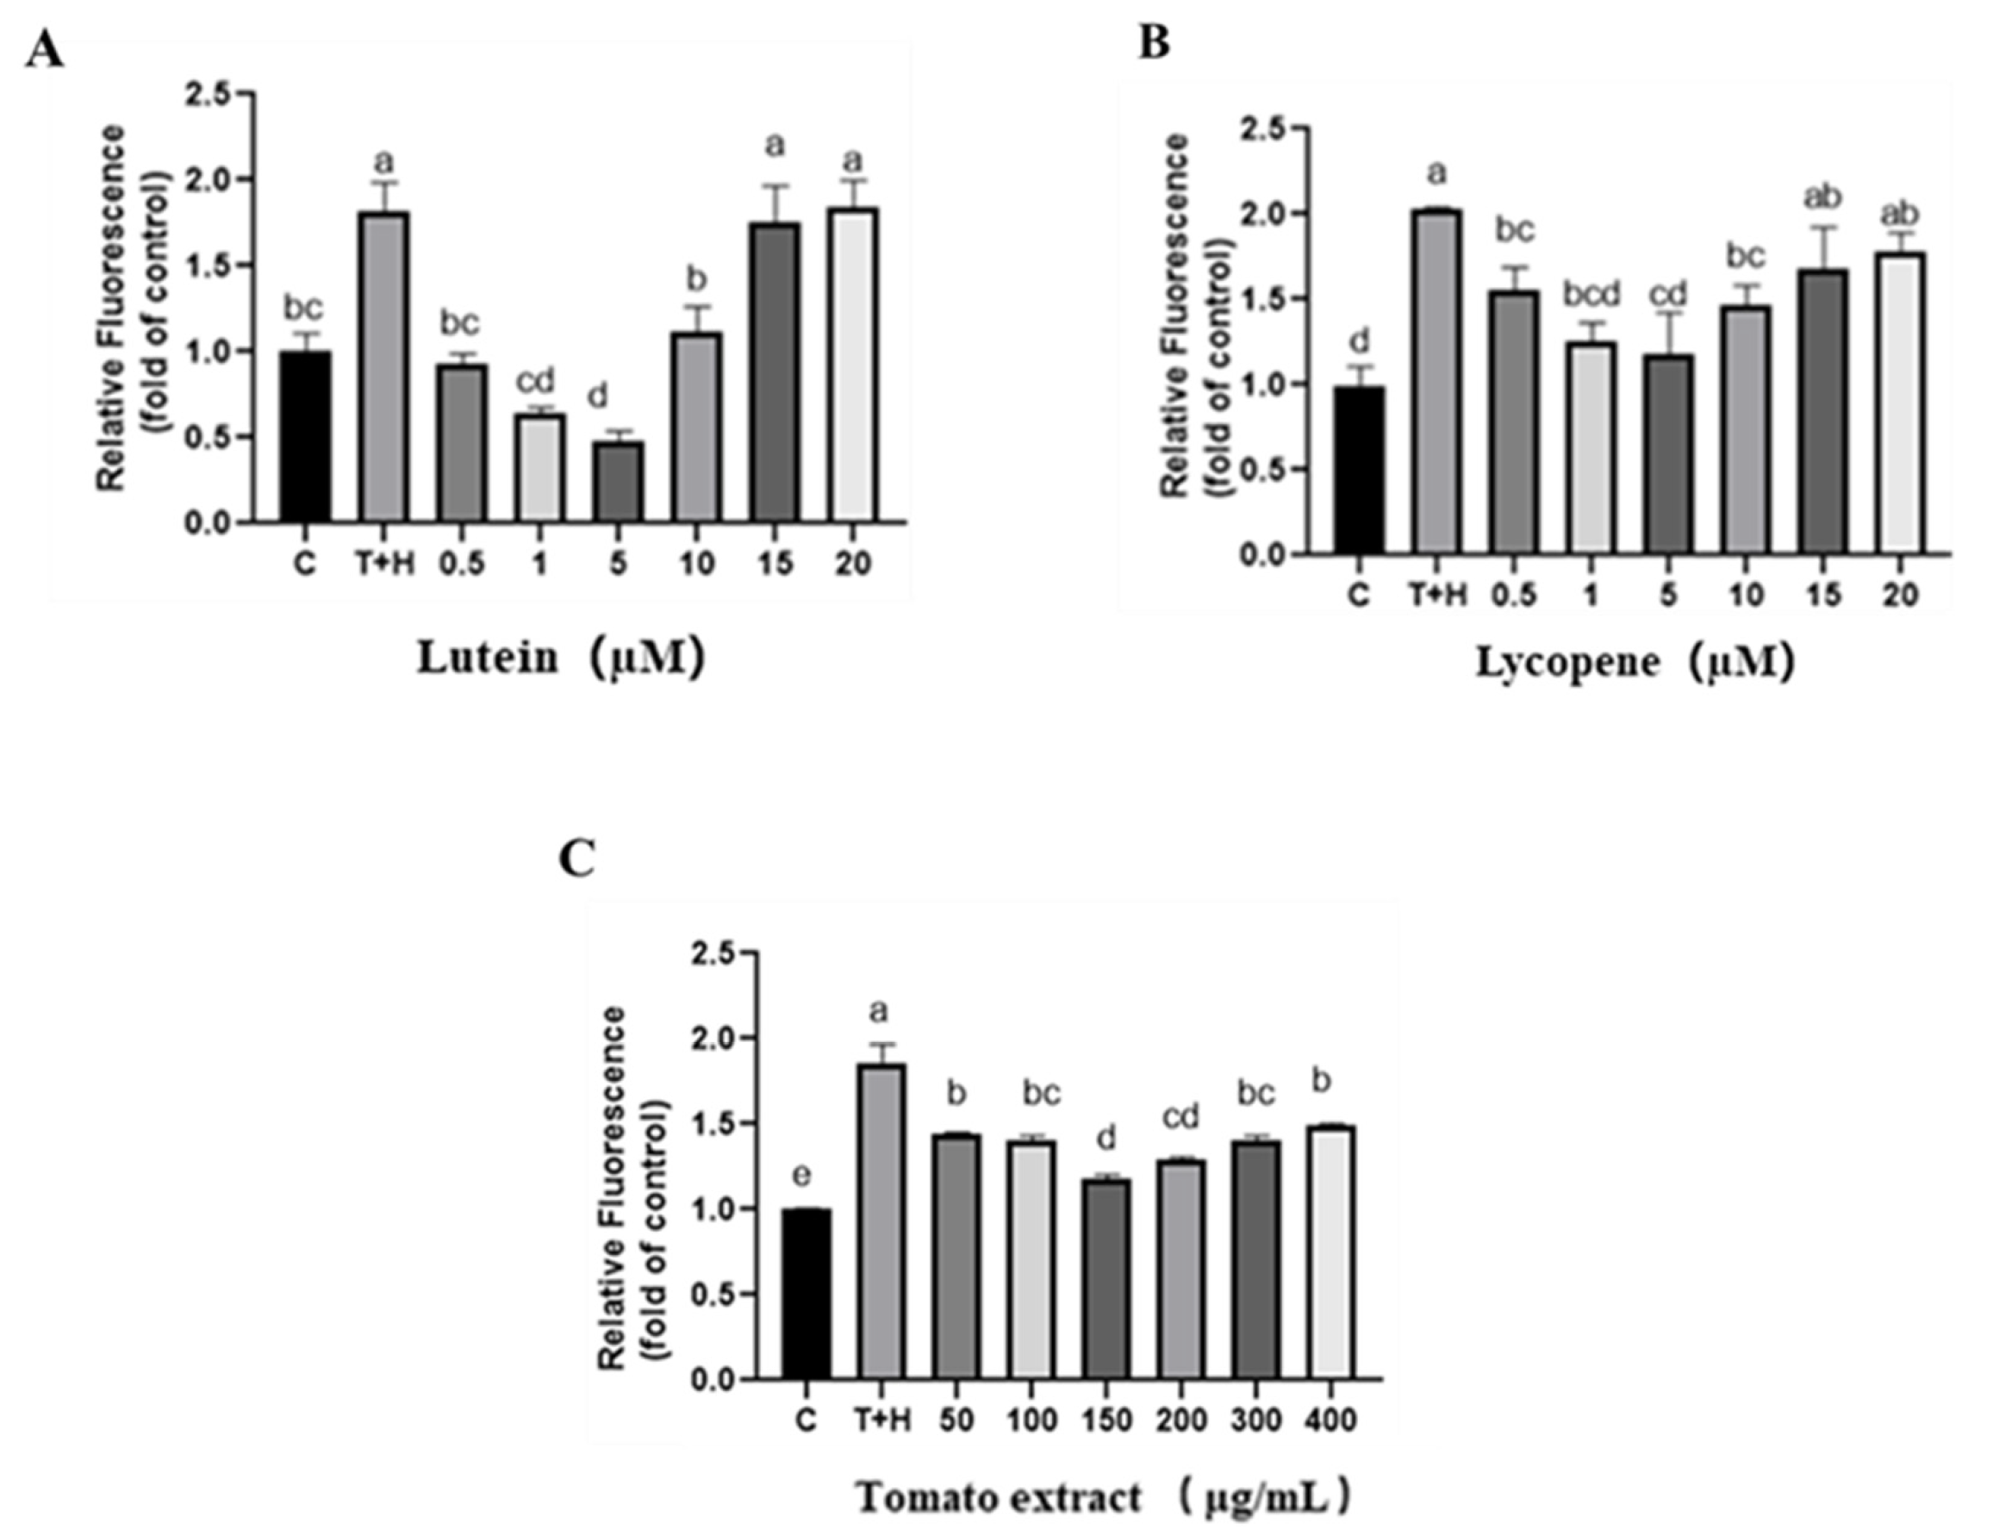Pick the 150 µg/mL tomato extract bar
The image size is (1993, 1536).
1107,1278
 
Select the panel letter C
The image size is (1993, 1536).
576,859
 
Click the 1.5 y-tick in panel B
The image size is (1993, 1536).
1264,299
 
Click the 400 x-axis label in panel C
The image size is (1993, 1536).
1331,1420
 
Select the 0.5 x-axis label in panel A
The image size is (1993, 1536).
461,564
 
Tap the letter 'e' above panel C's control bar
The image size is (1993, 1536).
801,1175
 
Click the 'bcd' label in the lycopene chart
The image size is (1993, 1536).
1591,294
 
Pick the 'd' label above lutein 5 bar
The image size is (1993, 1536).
596,397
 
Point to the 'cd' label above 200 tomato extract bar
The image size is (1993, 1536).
1181,1116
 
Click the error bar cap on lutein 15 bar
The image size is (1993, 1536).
775,186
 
